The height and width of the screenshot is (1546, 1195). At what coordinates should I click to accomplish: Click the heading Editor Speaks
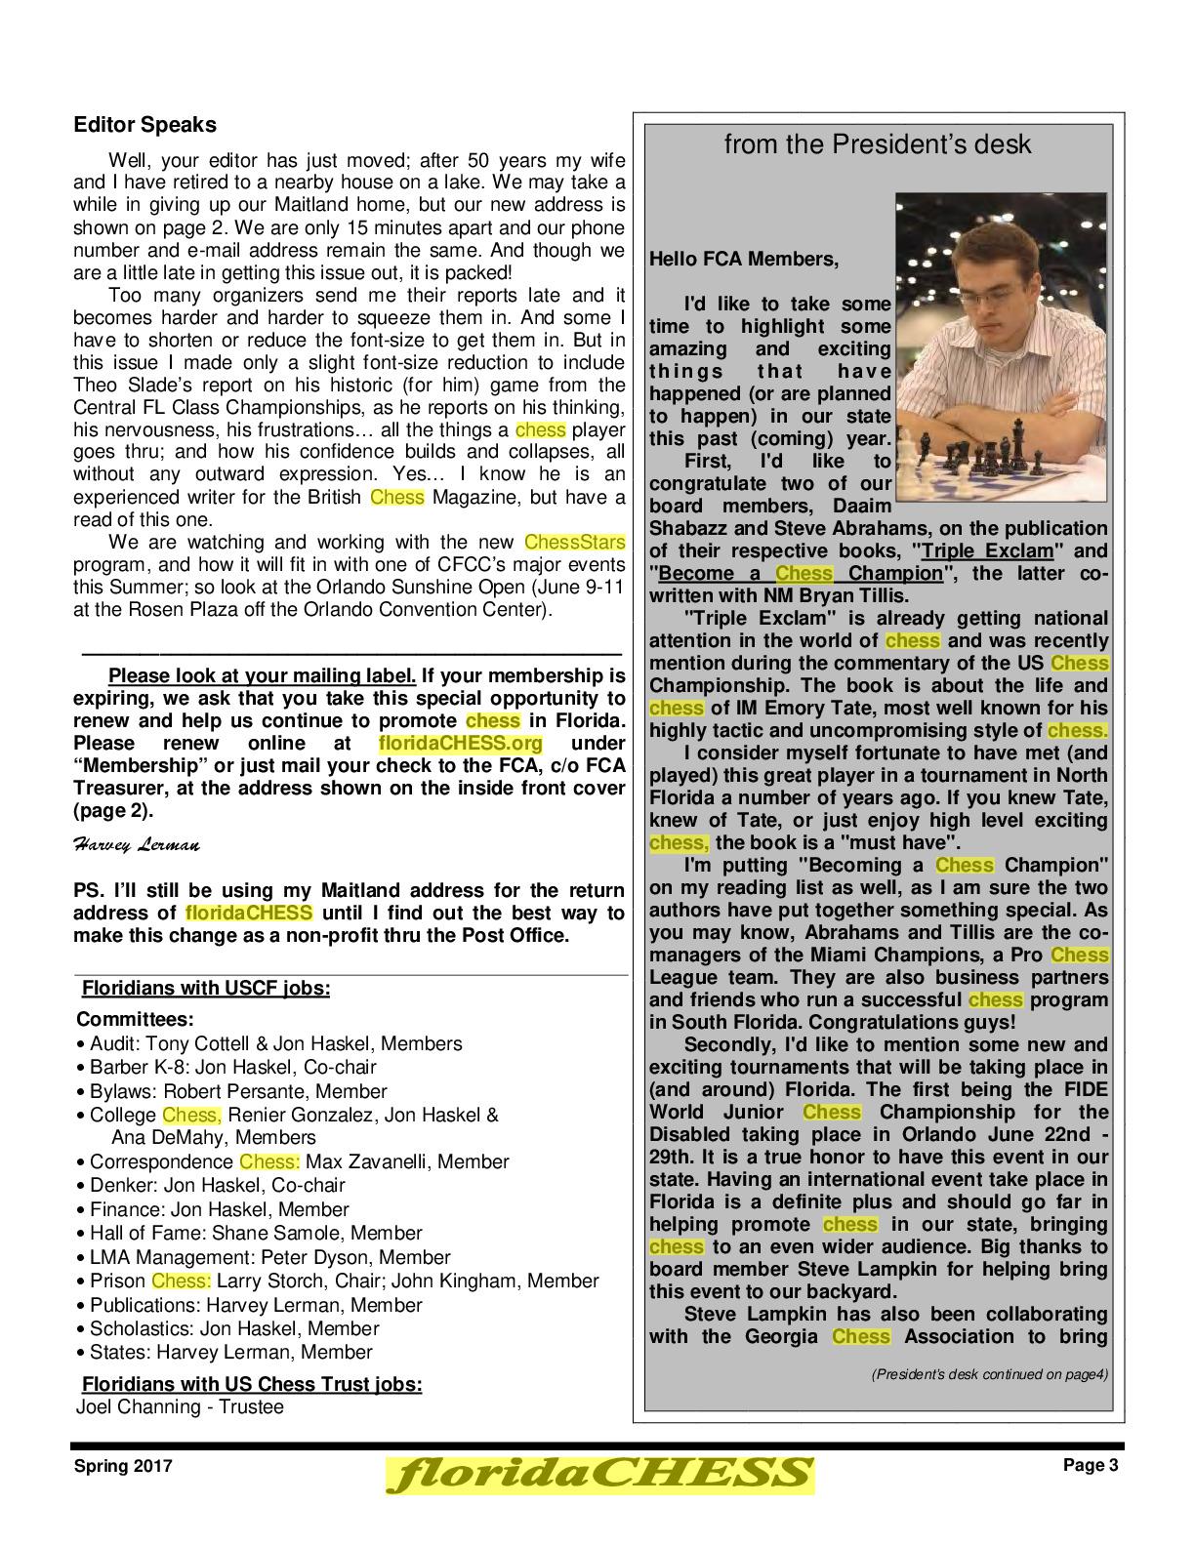(144, 125)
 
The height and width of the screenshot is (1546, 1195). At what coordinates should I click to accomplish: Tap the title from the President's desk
(877, 144)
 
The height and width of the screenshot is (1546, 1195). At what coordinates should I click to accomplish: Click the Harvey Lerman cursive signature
(137, 845)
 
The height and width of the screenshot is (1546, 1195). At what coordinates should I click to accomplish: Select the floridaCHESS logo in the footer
(599, 1474)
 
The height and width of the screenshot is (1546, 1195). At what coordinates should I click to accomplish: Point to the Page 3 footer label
(1091, 1465)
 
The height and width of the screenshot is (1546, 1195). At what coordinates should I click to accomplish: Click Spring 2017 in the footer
(124, 1466)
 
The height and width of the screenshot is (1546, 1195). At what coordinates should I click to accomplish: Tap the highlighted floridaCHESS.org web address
(460, 743)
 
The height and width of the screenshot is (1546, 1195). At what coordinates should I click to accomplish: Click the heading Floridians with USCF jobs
(205, 988)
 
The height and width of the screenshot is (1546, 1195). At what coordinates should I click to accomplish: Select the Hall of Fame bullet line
(256, 1234)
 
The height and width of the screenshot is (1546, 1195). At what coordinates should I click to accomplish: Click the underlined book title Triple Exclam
(986, 550)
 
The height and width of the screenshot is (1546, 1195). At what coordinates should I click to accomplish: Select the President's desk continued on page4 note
(989, 1375)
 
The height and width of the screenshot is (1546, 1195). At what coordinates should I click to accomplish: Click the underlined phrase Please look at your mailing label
(262, 676)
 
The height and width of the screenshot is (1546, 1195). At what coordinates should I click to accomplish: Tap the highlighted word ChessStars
(574, 542)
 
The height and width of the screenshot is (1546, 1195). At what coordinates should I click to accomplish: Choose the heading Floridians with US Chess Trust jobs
(252, 1384)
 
